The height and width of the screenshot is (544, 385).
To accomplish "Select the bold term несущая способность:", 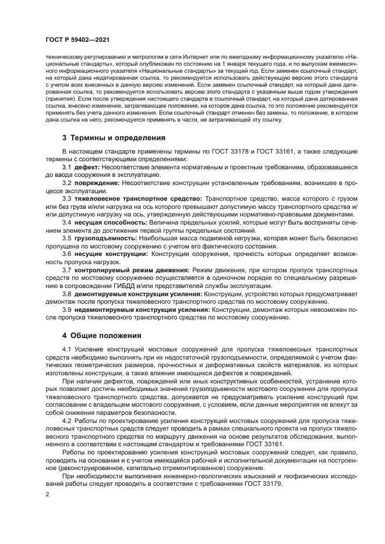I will point(110,223).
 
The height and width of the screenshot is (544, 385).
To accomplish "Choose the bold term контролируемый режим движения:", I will point(132,271).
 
